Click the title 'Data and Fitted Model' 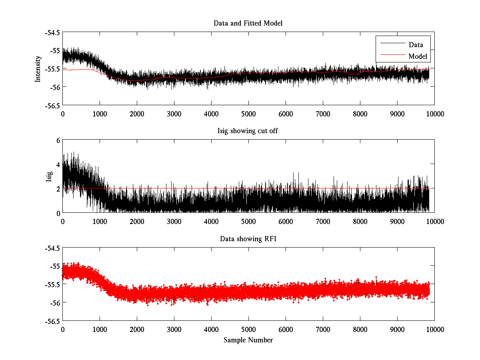pos(248,23)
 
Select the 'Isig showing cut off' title pos(248,131)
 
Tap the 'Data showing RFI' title pos(248,239)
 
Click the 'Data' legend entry pos(416,45)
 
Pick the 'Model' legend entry pos(418,56)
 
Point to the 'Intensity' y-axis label pos(38,68)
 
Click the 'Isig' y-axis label pos(49,176)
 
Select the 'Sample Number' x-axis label pos(248,340)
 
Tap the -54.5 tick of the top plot pos(53,32)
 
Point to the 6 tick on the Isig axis pos(58,140)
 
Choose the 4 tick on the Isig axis pos(58,164)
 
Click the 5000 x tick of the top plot pos(248,114)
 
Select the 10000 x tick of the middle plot pos(434,221)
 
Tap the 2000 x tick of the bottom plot pos(137,329)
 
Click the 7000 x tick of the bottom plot pos(323,329)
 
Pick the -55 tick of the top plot pos(54,51)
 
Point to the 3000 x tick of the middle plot pos(174,221)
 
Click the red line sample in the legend pos(392,56)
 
